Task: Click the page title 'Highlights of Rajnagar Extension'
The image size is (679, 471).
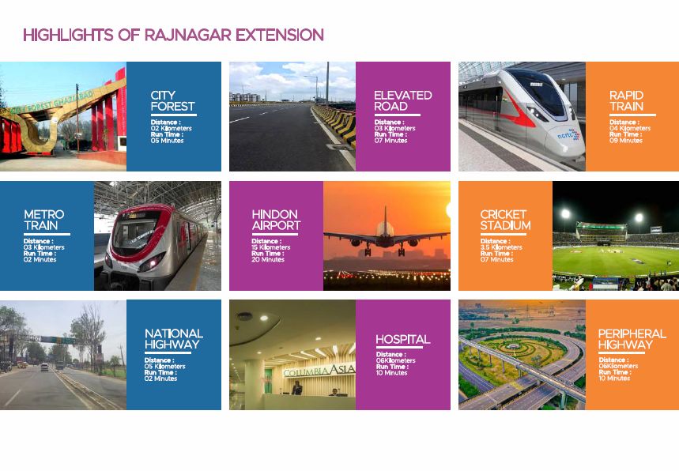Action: pyautogui.click(x=173, y=35)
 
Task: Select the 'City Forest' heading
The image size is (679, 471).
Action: pyautogui.click(x=172, y=101)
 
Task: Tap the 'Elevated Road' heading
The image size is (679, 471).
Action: pyautogui.click(x=402, y=101)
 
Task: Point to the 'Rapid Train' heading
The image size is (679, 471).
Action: pyautogui.click(x=626, y=101)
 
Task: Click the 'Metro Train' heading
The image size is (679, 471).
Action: pyautogui.click(x=43, y=220)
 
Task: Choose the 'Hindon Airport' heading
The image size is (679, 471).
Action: pyautogui.click(x=276, y=220)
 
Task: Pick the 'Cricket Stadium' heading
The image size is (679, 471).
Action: pyautogui.click(x=505, y=220)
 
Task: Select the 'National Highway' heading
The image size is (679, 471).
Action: pyautogui.click(x=174, y=339)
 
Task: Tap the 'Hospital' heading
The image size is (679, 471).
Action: pyautogui.click(x=402, y=339)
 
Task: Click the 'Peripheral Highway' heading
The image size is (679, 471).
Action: pyautogui.click(x=632, y=339)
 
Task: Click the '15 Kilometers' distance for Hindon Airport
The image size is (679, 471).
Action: pyautogui.click(x=270, y=247)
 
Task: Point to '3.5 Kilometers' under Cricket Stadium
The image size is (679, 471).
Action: pyautogui.click(x=501, y=247)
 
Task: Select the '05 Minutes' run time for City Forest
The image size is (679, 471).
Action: pyautogui.click(x=167, y=141)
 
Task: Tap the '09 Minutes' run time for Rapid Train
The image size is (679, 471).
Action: pyautogui.click(x=626, y=141)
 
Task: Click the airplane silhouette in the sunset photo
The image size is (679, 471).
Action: pyautogui.click(x=386, y=236)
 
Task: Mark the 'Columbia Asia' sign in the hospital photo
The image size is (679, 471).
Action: pyautogui.click(x=319, y=371)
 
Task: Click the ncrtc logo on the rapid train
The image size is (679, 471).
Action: pyautogui.click(x=568, y=135)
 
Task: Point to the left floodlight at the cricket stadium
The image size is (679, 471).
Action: pyautogui.click(x=565, y=213)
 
